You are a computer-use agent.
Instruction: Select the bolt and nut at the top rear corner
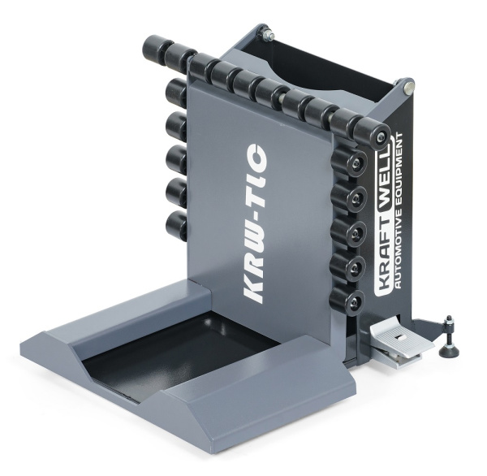point(268,33)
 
